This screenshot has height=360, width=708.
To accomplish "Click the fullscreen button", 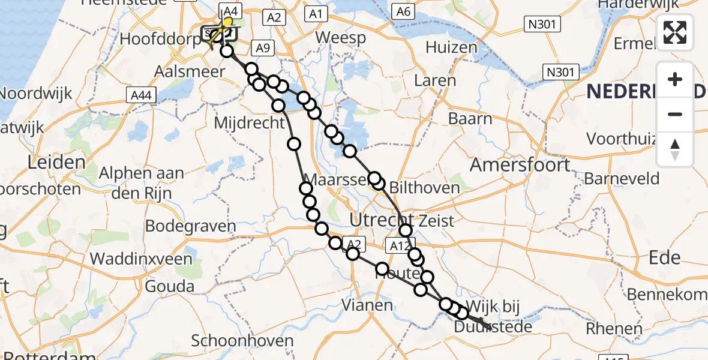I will [675, 32].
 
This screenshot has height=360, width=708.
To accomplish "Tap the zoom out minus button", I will [675, 114].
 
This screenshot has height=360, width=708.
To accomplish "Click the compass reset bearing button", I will [675, 149].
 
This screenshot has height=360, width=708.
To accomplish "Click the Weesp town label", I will [340, 38].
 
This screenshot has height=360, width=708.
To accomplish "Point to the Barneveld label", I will [622, 178].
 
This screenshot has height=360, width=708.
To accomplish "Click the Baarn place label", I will [470, 118].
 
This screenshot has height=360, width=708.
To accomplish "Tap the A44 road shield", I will [141, 95].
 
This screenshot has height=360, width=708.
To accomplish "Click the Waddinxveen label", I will [141, 259].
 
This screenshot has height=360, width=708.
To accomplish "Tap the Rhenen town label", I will [614, 328].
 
